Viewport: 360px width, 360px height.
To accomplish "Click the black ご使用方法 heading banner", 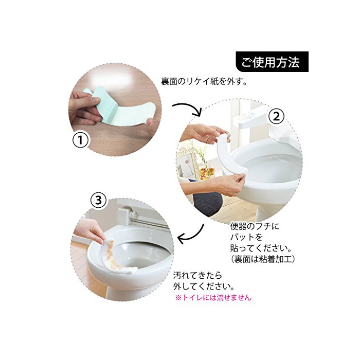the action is pyautogui.click(x=272, y=62).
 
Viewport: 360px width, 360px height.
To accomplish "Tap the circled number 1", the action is pyautogui.click(x=80, y=140).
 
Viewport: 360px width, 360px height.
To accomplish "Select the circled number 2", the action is pyautogui.click(x=277, y=117).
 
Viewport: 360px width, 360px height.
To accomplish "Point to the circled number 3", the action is pyautogui.click(x=99, y=201).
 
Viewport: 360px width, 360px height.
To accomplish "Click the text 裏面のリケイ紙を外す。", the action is pyautogui.click(x=204, y=81).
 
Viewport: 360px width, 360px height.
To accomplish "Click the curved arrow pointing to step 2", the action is pyautogui.click(x=188, y=107).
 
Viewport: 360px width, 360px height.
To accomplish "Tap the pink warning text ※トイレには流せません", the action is pyautogui.click(x=213, y=298).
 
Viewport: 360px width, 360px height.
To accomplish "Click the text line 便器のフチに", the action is pyautogui.click(x=255, y=226).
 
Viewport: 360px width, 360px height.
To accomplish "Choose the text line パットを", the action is pyautogui.click(x=246, y=237).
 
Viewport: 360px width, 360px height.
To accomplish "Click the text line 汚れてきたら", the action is pyautogui.click(x=198, y=275).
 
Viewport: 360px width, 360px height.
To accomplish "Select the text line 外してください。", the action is pyautogui.click(x=204, y=286).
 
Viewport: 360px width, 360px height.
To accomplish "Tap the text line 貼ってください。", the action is pyautogui.click(x=261, y=248).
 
